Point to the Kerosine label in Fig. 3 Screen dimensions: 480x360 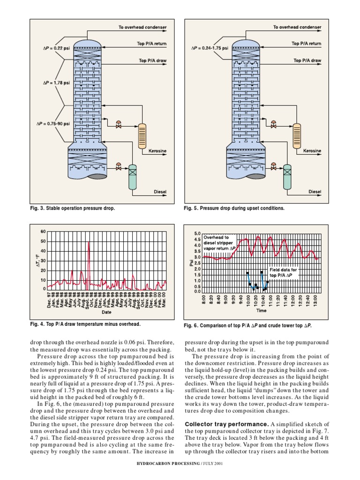157,151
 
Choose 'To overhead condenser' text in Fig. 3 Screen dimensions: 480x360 142,28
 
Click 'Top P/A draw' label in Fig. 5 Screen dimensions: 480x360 307,60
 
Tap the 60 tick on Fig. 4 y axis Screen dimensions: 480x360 43,232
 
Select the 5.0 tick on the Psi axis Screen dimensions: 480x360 197,233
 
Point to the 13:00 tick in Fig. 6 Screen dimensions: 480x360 317,300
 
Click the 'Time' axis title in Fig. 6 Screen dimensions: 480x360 261,310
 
